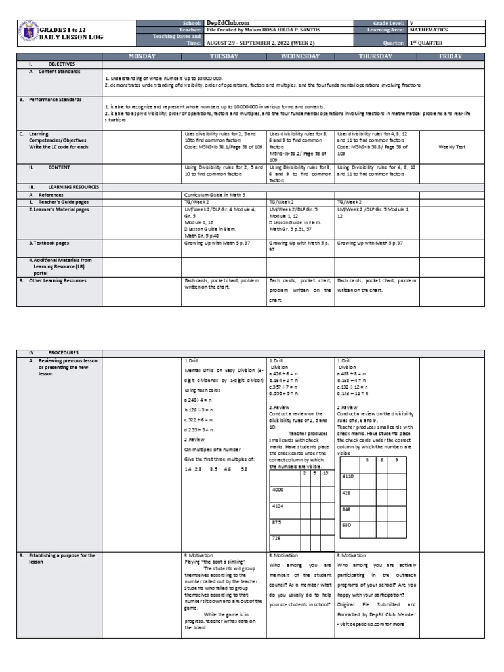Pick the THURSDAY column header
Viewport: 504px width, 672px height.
(x=376, y=57)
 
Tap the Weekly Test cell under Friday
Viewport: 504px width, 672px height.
(x=451, y=147)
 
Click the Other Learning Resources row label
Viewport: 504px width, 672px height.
(x=59, y=280)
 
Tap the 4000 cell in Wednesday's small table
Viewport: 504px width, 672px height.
(x=279, y=489)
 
